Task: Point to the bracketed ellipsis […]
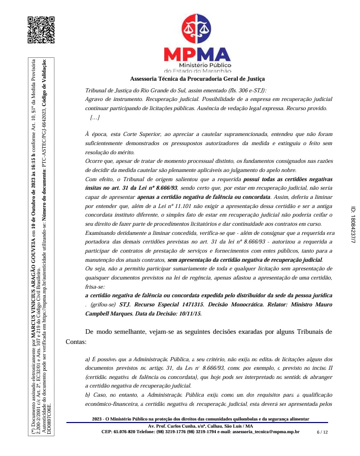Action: pos(94,118)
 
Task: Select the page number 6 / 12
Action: pos(322,432)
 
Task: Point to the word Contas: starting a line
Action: pos(77,342)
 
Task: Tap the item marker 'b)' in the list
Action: pos(89,395)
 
